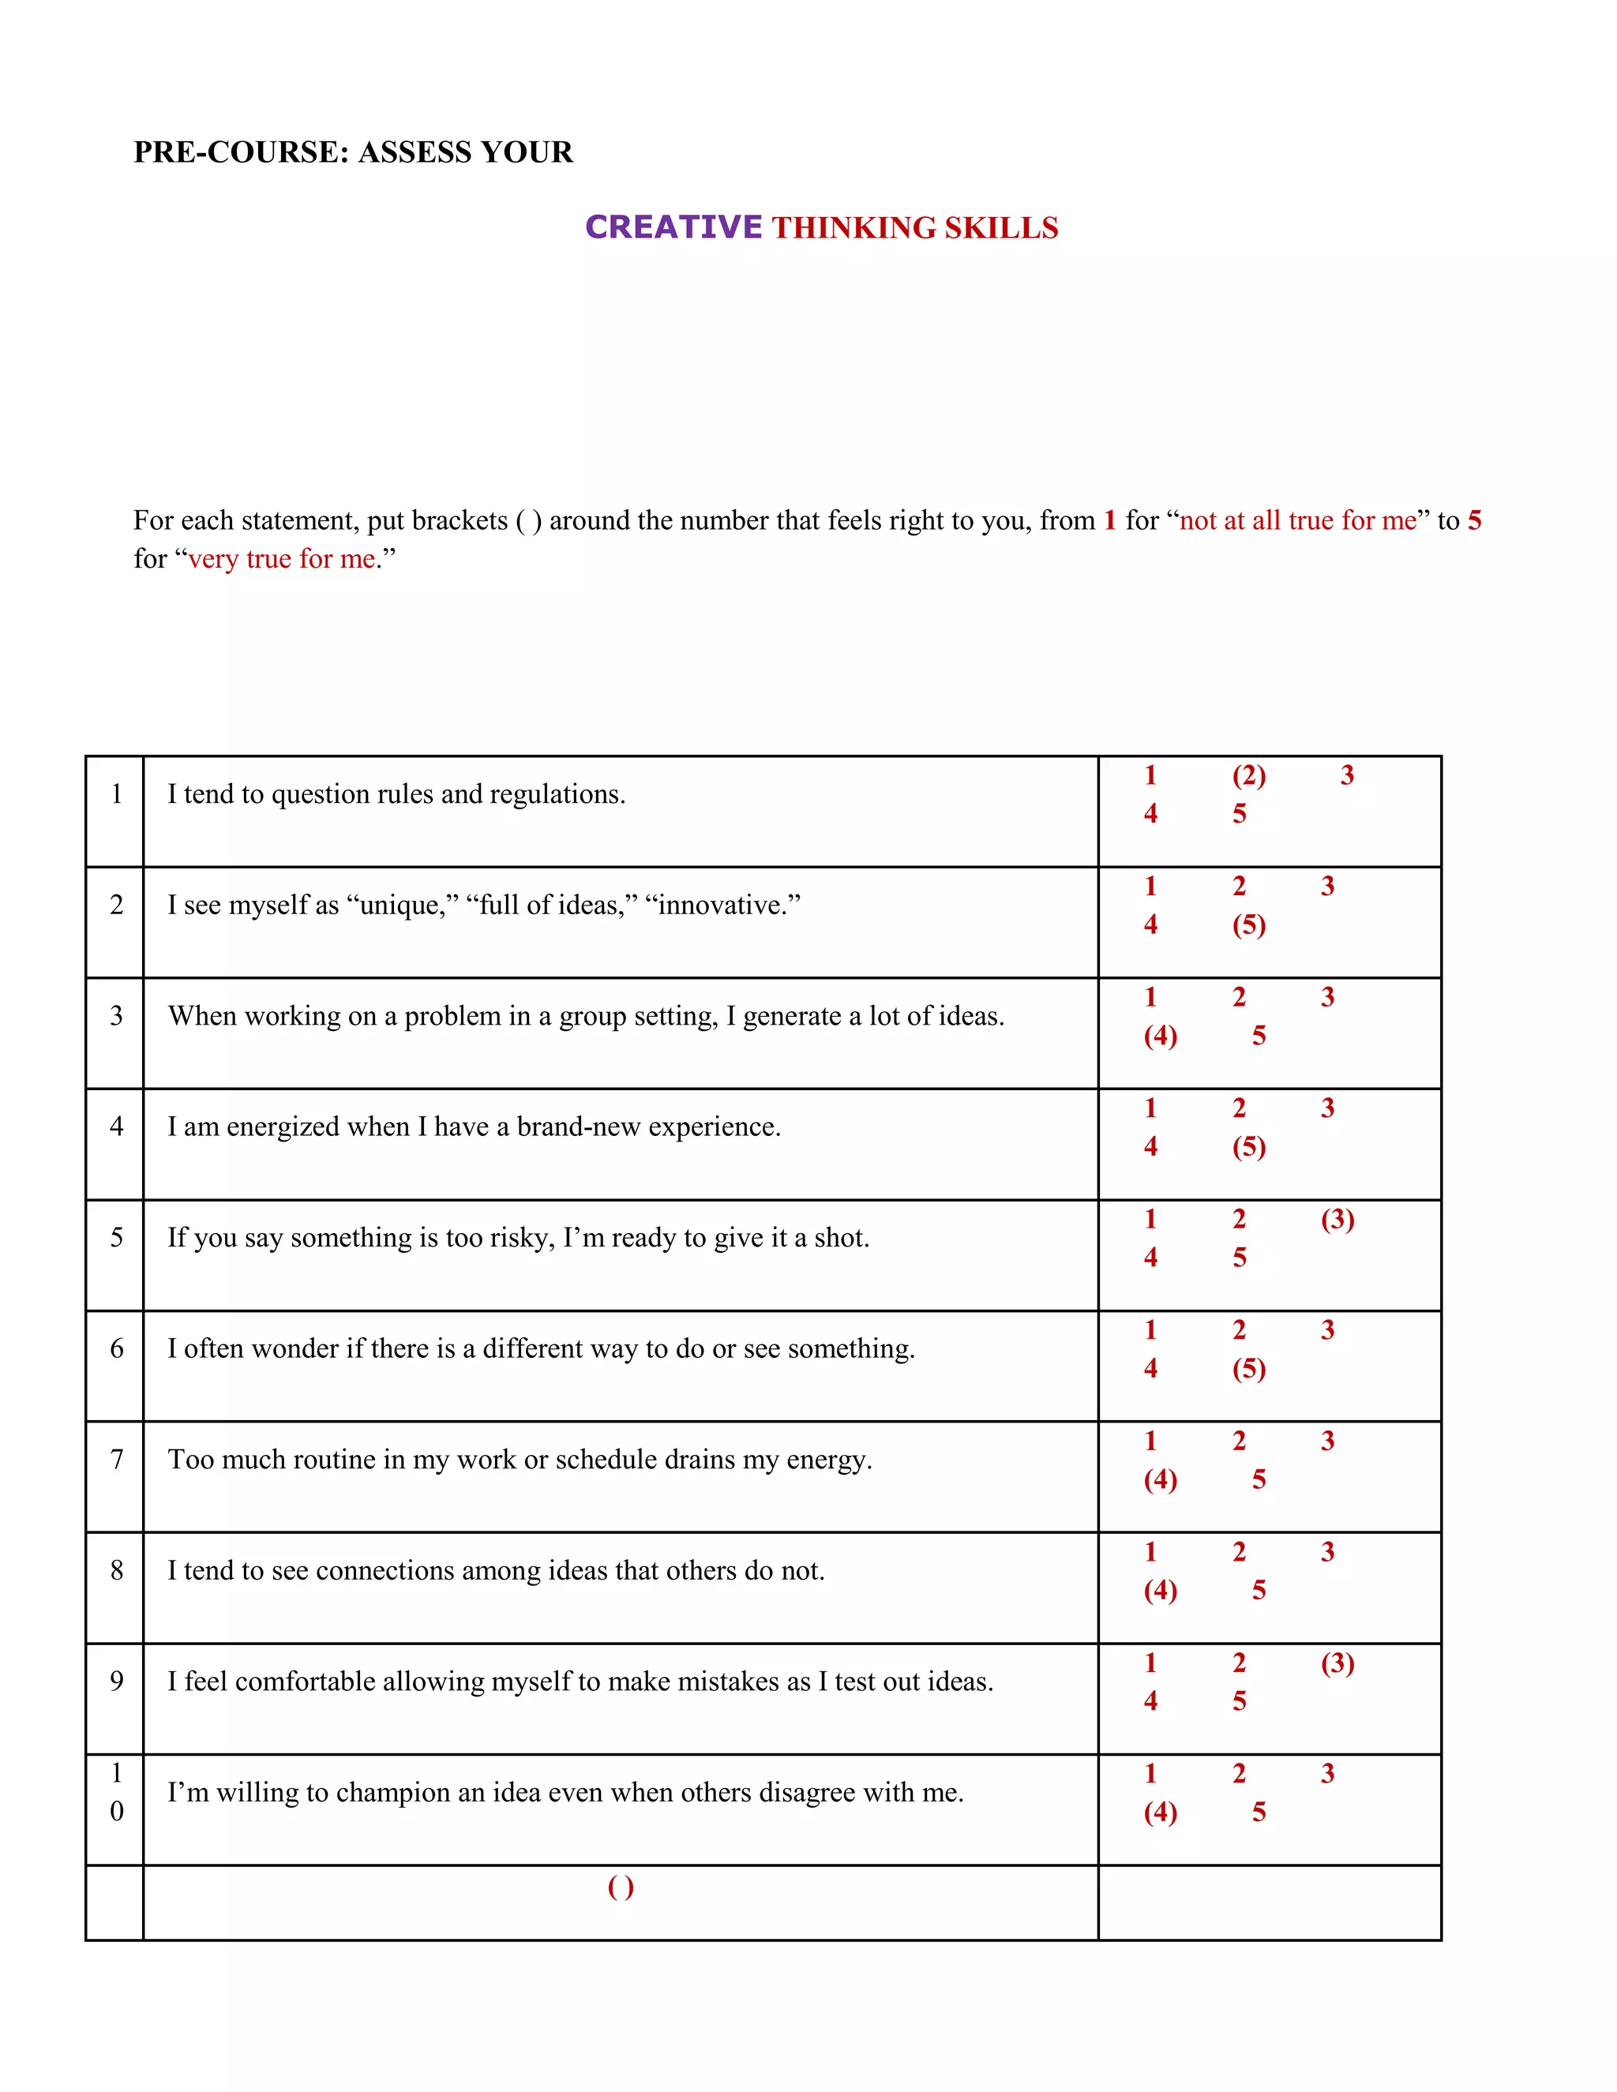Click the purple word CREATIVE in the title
pyautogui.click(x=673, y=227)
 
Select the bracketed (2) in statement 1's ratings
pyautogui.click(x=1248, y=775)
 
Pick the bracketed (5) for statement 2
pyautogui.click(x=1248, y=924)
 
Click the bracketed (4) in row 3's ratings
pyautogui.click(x=1160, y=1036)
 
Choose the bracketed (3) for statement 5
pyautogui.click(x=1337, y=1220)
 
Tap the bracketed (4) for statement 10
pyautogui.click(x=1160, y=1813)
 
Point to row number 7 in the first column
pyautogui.click(x=117, y=1460)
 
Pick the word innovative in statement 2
pyautogui.click(x=723, y=905)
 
